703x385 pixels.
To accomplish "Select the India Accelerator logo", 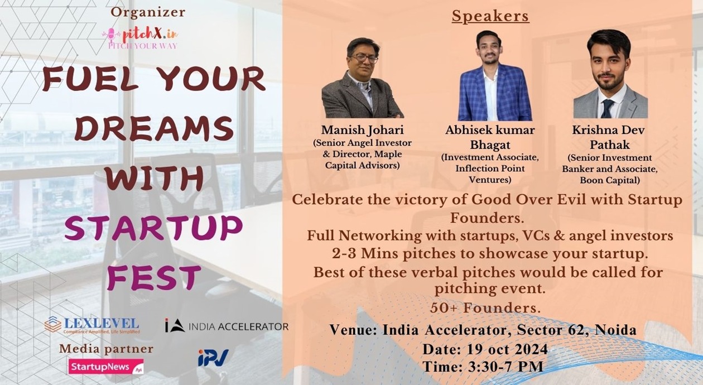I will point(227,326).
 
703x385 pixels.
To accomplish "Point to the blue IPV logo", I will point(213,358).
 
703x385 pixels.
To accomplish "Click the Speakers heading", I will point(490,17).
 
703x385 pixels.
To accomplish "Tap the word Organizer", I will point(148,12).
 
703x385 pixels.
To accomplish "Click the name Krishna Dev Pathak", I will point(609,137).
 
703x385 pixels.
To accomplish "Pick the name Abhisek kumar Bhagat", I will point(490,137).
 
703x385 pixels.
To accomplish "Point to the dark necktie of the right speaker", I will point(606,108).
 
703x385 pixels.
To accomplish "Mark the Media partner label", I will point(106,349).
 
